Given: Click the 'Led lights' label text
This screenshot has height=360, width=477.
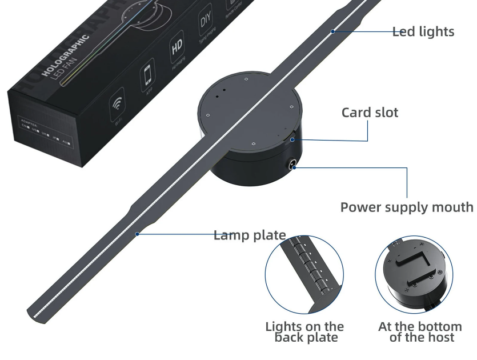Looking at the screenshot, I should (423, 31).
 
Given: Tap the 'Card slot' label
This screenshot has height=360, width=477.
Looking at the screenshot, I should (370, 112).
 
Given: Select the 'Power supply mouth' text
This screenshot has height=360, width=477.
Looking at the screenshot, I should (407, 206).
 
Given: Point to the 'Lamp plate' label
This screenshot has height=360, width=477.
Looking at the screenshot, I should (250, 235).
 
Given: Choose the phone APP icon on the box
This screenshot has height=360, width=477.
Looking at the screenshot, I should (147, 76).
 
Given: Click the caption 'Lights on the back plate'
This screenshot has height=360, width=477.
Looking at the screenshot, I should (304, 332).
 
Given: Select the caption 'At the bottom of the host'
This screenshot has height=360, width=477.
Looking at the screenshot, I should (420, 332).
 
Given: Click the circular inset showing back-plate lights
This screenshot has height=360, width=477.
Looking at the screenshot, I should (304, 274).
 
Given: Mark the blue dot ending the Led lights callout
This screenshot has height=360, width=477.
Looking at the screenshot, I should (332, 31).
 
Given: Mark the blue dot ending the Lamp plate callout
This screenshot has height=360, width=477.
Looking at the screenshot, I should (137, 234).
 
